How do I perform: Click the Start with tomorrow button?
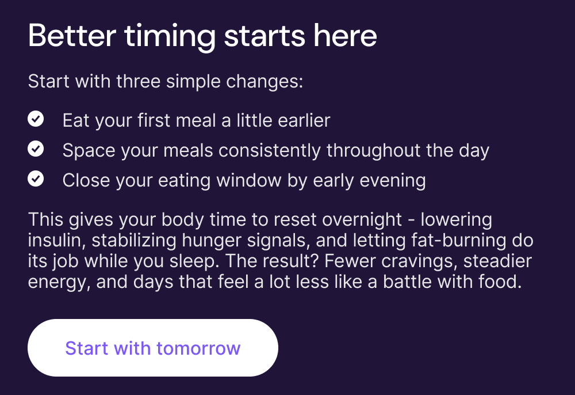[x=153, y=348]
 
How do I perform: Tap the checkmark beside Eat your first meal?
[x=36, y=119]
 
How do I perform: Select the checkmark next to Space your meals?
[x=36, y=149]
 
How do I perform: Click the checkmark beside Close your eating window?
[x=36, y=178]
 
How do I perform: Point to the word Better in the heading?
[x=72, y=36]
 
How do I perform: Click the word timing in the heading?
[x=170, y=37]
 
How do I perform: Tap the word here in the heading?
[x=345, y=36]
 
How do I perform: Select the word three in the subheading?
[x=138, y=81]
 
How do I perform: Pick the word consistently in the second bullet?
[x=269, y=151]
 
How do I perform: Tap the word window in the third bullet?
[x=248, y=180]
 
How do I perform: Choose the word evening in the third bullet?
[x=392, y=181]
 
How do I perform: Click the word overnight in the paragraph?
[x=362, y=220]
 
